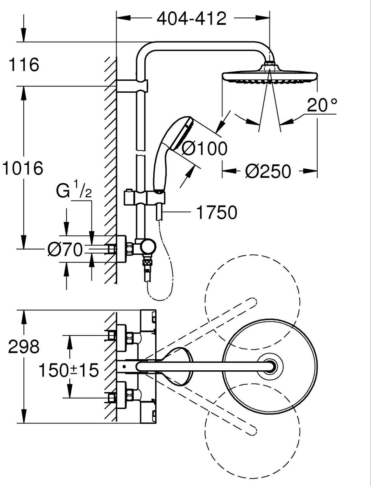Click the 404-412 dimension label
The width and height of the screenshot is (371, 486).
pyautogui.click(x=192, y=18)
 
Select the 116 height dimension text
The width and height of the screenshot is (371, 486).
pyautogui.click(x=24, y=64)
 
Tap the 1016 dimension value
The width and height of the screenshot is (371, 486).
pyautogui.click(x=22, y=168)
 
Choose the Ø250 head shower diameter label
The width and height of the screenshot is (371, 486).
pyautogui.click(x=268, y=171)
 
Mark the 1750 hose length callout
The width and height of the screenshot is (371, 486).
pyautogui.click(x=217, y=212)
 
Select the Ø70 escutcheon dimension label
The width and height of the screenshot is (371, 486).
pyautogui.click(x=65, y=249)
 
